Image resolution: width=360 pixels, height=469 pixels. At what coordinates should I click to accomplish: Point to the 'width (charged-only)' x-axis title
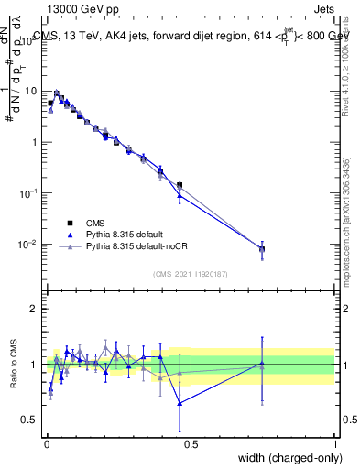click(287, 457)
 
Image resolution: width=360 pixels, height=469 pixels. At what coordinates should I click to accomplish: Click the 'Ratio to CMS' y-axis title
click(13, 365)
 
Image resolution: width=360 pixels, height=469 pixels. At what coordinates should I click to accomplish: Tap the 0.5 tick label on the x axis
click(190, 442)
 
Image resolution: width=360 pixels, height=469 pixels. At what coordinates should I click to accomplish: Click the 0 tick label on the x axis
click(45, 442)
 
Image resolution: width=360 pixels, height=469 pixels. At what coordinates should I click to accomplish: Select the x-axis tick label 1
click(335, 442)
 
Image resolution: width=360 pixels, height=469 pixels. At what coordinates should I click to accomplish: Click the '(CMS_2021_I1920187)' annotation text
click(190, 273)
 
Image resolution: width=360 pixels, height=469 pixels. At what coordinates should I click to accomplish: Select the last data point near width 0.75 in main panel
click(262, 248)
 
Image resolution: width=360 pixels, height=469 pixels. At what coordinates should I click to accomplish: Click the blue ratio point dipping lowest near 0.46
click(180, 403)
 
